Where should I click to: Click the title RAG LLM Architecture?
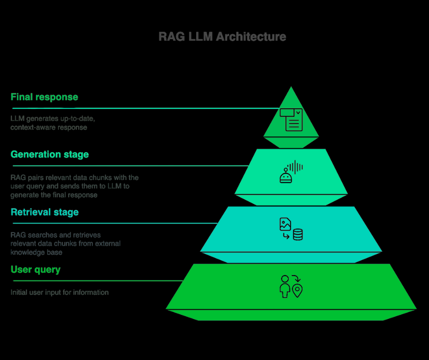222,37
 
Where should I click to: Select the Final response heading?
44,97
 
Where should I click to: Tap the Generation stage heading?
50,154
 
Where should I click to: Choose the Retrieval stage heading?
45,212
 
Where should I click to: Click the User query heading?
36,270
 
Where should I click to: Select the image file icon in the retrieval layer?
285,224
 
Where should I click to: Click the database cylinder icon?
298,235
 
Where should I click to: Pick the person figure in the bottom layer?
285,286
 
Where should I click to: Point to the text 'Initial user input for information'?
60,292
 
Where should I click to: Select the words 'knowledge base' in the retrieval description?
37,252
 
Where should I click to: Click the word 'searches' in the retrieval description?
41,235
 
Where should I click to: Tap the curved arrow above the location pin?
295,278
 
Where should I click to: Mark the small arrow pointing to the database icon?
286,236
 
